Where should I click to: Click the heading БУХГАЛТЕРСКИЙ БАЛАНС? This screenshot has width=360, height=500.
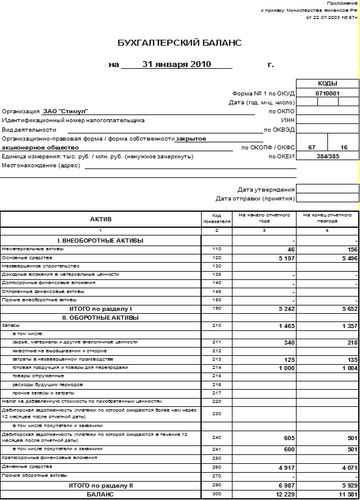pyautogui.click(x=180, y=43)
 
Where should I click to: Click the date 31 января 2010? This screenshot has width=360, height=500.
pyautogui.click(x=177, y=64)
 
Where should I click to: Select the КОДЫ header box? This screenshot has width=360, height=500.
pyautogui.click(x=327, y=84)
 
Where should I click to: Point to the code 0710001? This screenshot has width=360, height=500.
pyautogui.click(x=327, y=93)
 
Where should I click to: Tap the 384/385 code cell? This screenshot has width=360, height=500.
pyautogui.click(x=327, y=156)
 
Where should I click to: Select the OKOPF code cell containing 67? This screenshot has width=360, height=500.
pyautogui.click(x=311, y=147)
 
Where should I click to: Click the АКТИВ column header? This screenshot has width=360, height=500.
pyautogui.click(x=100, y=219)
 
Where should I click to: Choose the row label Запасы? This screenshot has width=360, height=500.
pyautogui.click(x=10, y=326)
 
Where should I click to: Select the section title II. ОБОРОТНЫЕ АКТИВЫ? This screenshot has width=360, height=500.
pyautogui.click(x=100, y=317)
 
